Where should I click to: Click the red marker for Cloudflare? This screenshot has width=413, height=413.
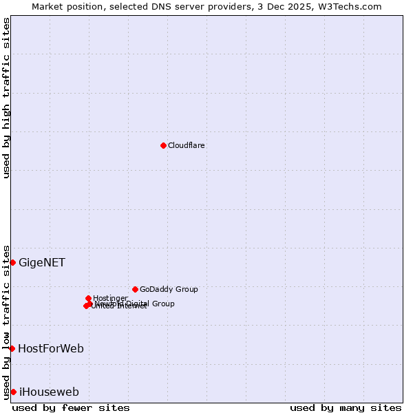coord(163,145)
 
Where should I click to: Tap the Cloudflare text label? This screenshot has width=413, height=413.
coord(186,145)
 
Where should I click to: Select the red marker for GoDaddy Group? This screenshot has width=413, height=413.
coord(135,289)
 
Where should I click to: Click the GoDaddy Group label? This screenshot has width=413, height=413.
coord(168,289)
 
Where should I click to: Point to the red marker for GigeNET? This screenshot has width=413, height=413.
coord(12,262)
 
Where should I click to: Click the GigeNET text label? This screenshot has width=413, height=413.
coord(42,262)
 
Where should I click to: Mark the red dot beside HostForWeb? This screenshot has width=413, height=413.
coord(12,348)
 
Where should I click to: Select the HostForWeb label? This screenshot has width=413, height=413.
coord(51,348)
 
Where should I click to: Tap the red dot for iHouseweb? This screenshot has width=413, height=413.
coord(13,392)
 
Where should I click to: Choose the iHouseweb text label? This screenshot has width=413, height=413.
coord(49,392)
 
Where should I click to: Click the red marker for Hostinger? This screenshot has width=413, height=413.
coord(88,298)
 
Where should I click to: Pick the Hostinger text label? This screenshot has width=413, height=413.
coord(110,298)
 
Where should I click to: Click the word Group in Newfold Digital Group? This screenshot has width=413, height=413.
coord(162,304)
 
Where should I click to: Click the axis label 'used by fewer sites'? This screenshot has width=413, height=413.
coord(71,407)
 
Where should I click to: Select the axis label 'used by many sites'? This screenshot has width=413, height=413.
coord(346,407)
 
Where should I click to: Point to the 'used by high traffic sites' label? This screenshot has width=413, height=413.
coord(6,98)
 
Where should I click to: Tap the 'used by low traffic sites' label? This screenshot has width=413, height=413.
coord(6,321)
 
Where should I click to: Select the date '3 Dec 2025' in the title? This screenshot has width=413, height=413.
coord(283,6)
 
